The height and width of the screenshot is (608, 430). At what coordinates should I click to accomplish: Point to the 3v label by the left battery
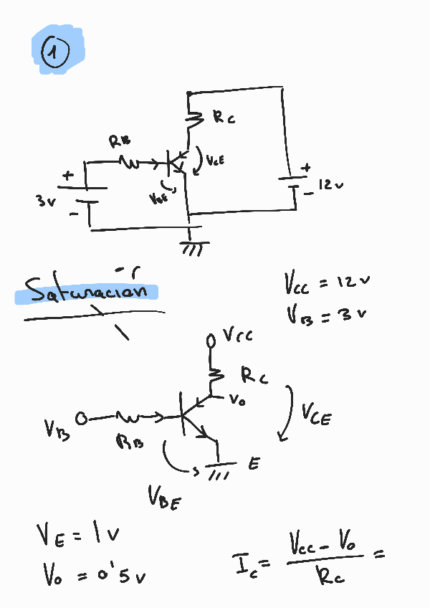pyautogui.click(x=46, y=201)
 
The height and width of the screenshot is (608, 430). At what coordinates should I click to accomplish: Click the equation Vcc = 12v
pyautogui.click(x=327, y=282)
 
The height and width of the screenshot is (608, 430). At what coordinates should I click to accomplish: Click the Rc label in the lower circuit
pyautogui.click(x=254, y=374)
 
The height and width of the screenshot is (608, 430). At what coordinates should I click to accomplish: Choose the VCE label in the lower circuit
pyautogui.click(x=316, y=414)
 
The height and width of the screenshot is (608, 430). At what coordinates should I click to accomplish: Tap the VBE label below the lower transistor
pyautogui.click(x=164, y=497)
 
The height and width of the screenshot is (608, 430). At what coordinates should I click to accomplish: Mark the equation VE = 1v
pyautogui.click(x=77, y=534)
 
